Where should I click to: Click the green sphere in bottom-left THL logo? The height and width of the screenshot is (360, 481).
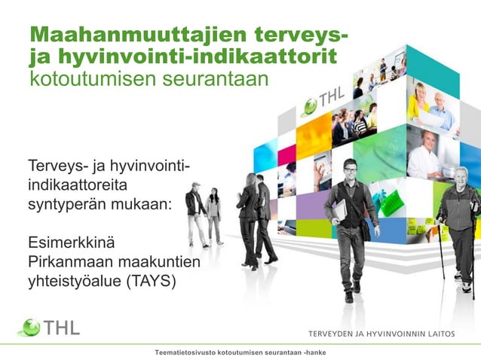pyautogui.click(x=29, y=327)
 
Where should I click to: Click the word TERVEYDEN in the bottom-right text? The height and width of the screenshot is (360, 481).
pyautogui.click(x=336, y=334)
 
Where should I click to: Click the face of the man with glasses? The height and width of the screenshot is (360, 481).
pyautogui.click(x=350, y=169)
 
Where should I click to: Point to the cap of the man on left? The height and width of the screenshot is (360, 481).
pyautogui.click(x=196, y=185)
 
